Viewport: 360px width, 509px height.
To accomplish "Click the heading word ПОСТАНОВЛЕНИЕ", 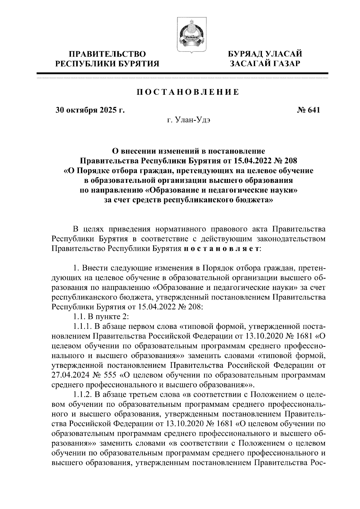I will point(188,92).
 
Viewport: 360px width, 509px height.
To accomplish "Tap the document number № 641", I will point(308,110).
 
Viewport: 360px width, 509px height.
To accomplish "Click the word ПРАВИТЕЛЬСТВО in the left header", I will point(108,54).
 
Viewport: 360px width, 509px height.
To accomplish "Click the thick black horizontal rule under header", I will point(182,73).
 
